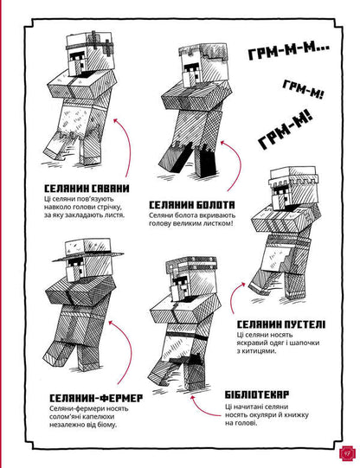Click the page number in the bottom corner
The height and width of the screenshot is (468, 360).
click(344, 451)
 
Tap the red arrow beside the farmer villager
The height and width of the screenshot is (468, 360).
click(129, 355)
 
